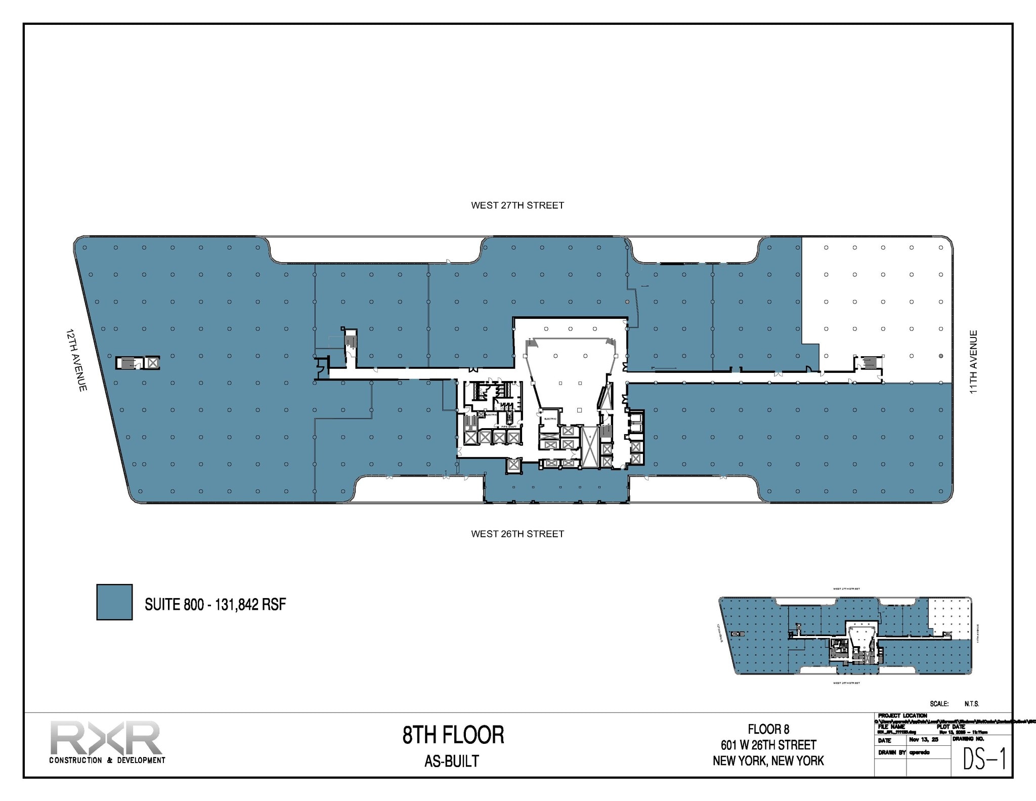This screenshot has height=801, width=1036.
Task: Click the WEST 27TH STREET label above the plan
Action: coord(517,205)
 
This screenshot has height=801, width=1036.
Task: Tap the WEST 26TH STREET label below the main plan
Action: coord(517,534)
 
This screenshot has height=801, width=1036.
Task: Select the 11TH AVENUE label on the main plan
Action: coord(973,362)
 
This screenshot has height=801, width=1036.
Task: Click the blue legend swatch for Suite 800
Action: coord(114,602)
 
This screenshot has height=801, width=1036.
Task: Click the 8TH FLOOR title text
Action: coord(453,735)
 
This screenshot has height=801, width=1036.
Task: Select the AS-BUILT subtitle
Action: coord(451,761)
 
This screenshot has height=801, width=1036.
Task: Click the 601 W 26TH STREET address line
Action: coord(768,745)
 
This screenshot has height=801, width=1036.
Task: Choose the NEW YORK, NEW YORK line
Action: coord(768,761)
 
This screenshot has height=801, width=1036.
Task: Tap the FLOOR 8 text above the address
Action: coord(768,729)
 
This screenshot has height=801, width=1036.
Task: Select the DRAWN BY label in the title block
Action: coord(891,752)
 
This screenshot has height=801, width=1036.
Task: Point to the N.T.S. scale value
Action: coord(972,704)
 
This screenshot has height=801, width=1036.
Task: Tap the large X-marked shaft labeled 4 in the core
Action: coord(589,447)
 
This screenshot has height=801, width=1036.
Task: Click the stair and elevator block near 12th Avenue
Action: coord(138,363)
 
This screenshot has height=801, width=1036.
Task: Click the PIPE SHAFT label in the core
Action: coord(508,427)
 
